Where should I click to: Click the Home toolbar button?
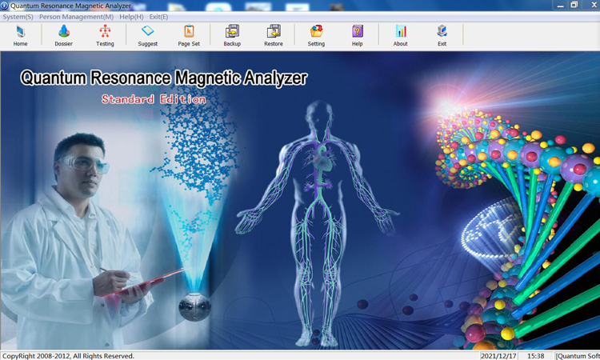click(20, 35)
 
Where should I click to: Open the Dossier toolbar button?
click(63, 35)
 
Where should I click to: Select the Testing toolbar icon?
click(105, 35)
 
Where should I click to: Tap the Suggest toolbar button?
click(148, 35)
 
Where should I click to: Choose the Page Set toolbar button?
click(189, 35)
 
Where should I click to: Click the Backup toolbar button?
click(232, 35)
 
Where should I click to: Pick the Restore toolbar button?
click(274, 35)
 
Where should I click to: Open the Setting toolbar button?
click(316, 35)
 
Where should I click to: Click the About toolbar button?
click(401, 35)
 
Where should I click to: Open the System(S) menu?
click(18, 17)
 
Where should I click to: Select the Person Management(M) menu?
click(77, 17)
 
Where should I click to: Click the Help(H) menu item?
click(131, 17)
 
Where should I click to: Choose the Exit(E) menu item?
click(158, 17)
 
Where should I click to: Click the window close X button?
click(594, 5)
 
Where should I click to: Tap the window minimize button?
click(561, 6)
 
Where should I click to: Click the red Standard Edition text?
click(154, 99)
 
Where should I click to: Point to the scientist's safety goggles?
click(84, 163)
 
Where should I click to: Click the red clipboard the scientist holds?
click(142, 282)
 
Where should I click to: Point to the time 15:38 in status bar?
click(535, 356)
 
